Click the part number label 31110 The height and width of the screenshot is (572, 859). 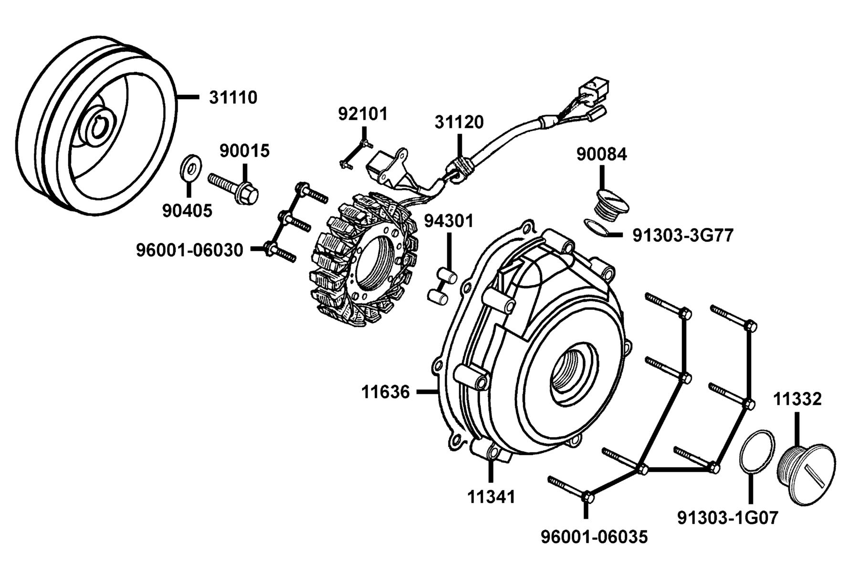(233, 98)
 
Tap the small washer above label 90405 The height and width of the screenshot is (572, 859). (190, 167)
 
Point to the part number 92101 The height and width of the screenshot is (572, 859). (363, 114)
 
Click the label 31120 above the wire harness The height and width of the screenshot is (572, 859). (459, 123)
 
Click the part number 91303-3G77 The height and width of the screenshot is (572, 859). (682, 235)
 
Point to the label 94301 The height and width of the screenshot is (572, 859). (449, 221)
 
